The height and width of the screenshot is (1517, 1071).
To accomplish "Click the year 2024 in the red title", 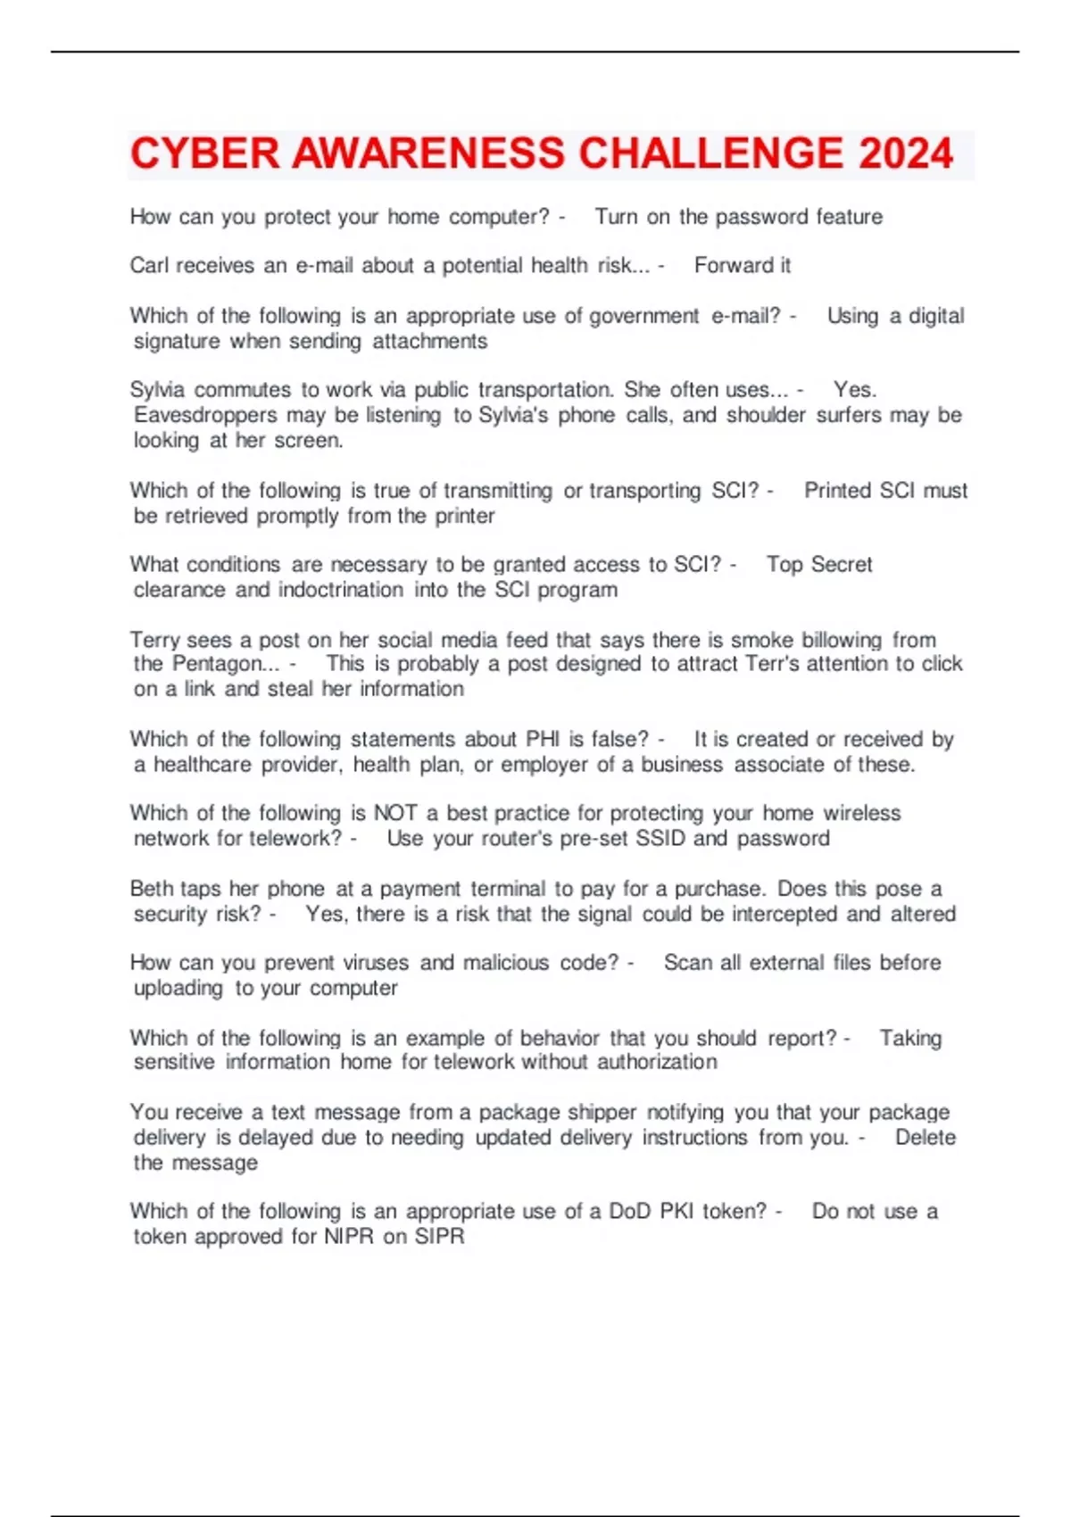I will tap(906, 153).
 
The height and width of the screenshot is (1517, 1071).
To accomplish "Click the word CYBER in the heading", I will tap(205, 153).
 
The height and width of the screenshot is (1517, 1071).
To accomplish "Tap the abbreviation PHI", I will tap(543, 739).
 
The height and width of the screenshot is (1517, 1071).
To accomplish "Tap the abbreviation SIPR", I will tap(439, 1237).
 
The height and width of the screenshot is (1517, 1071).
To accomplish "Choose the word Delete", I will tap(925, 1138).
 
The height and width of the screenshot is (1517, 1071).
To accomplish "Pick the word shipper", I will tap(602, 1113).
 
